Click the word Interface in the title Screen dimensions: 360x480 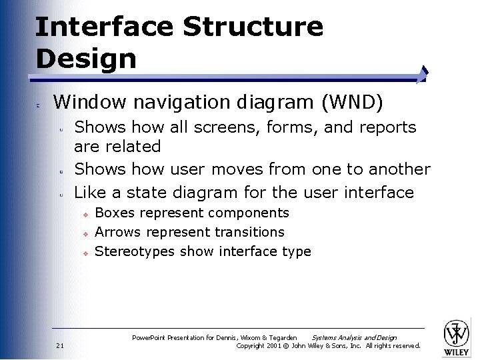pos(103,27)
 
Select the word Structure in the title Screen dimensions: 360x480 pos(253,27)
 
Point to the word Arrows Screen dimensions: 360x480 pos(119,232)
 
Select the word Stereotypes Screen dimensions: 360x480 pos(134,251)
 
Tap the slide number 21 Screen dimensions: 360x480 pos(60,345)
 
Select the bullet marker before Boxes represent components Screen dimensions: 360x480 pos(85,214)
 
